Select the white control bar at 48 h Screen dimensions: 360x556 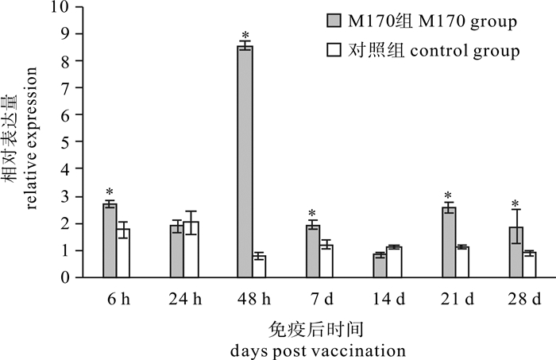tap(259, 267)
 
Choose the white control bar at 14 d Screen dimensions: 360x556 tap(394, 262)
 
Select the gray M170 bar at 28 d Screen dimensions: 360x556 tap(516, 252)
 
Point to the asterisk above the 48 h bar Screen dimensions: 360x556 tap(245, 37)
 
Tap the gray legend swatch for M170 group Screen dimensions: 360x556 tap(334, 21)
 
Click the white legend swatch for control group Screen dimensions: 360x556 tap(334, 51)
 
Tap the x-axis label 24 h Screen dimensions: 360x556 tap(184, 301)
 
